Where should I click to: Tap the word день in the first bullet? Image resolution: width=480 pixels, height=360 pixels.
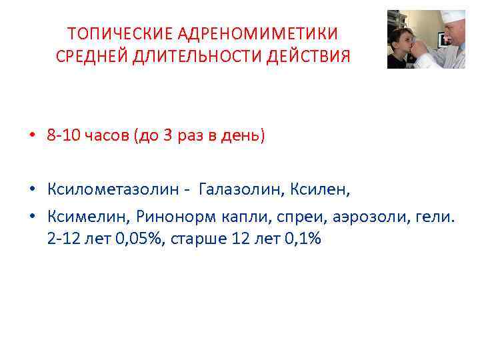(x=243, y=137)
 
